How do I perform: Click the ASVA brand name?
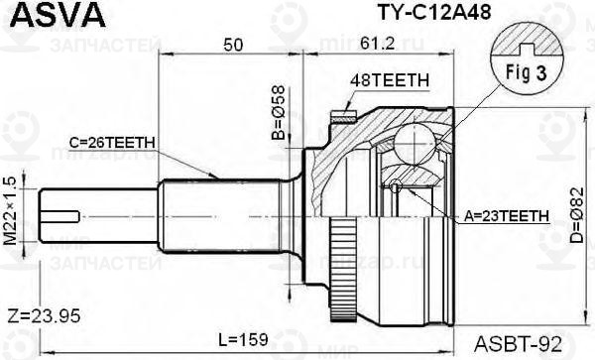pos(58,16)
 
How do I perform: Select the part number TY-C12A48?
pos(433,12)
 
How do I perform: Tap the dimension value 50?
pos(233,46)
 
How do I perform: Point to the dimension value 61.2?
pos(377,44)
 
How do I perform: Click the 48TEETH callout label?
pos(390,80)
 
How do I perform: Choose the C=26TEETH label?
pos(112,143)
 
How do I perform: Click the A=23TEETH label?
pos(507,216)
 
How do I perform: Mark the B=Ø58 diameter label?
pos(279,113)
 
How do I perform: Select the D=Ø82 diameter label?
pos(577,215)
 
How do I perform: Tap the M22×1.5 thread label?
pos(10,211)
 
